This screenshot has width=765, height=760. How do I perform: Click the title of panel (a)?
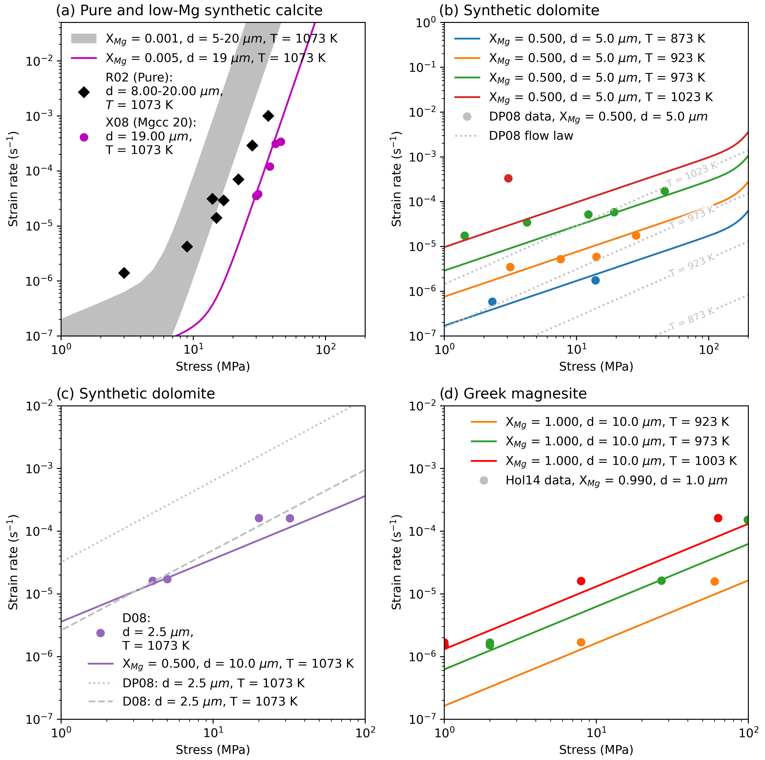pyautogui.click(x=189, y=10)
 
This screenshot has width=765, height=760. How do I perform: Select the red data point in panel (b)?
pyautogui.click(x=508, y=178)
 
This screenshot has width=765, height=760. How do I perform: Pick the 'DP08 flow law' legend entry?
pyautogui.click(x=531, y=136)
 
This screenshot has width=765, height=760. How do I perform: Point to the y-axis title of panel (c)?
pyautogui.click(x=13, y=562)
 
